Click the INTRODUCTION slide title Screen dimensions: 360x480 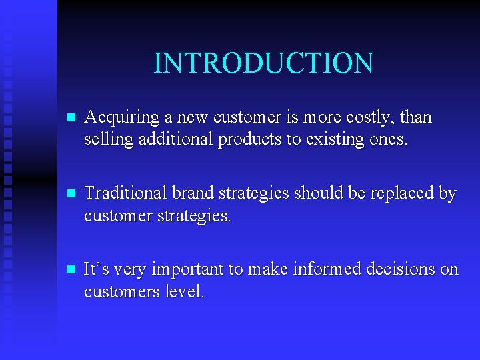point(263,63)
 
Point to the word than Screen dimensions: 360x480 point(416,118)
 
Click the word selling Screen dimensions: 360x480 point(105,141)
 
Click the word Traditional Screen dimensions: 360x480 point(126,194)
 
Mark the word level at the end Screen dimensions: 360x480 point(185,291)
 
